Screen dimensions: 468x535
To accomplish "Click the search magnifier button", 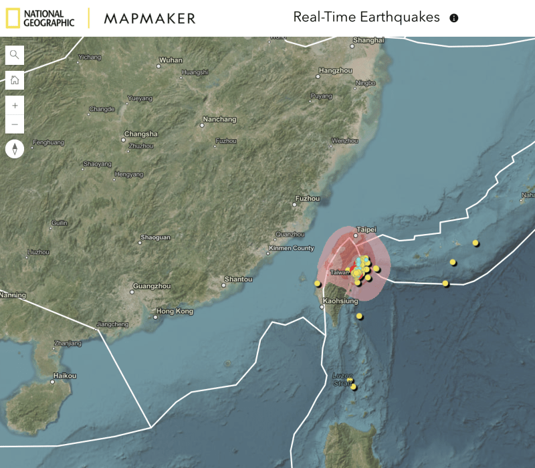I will coord(15,55).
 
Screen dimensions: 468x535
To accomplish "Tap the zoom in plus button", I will coord(15,106).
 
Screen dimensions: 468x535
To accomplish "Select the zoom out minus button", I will coord(15,124).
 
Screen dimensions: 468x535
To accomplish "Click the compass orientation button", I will coord(15,148).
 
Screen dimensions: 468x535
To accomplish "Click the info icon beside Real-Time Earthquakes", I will coord(454,18).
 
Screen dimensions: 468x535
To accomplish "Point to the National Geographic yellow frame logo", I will coord(12,18).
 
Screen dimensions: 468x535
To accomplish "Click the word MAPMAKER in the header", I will coord(150,18).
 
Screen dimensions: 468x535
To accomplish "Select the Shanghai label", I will coord(368,41).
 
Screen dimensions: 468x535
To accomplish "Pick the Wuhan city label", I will coord(171,60).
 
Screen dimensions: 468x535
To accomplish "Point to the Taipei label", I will coord(366,229).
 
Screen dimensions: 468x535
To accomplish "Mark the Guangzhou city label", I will coord(151,286).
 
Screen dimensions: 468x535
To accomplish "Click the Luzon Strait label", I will coord(343,379).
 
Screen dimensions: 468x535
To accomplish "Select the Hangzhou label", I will coord(336,70).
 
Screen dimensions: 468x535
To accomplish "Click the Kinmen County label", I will coord(290,249).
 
